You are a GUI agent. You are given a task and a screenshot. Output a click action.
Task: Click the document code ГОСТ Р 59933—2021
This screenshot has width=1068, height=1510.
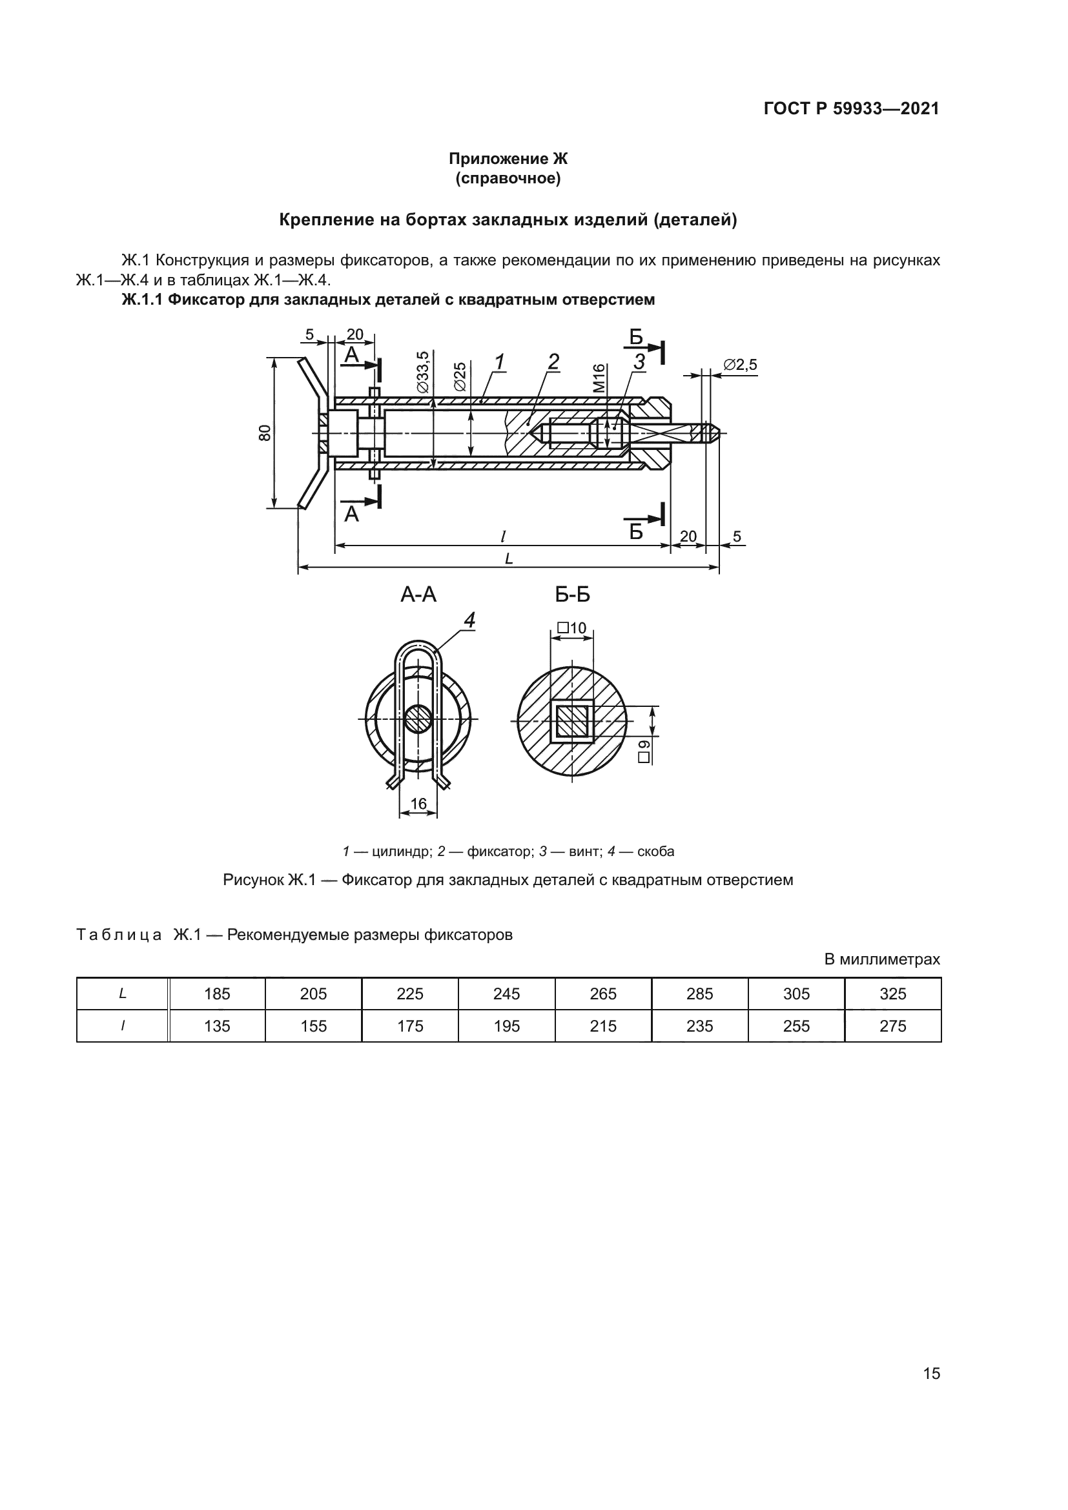tap(851, 108)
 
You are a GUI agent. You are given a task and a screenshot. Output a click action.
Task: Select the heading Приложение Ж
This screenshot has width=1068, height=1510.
tap(508, 159)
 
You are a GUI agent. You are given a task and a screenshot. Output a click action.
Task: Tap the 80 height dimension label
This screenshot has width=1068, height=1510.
tap(264, 433)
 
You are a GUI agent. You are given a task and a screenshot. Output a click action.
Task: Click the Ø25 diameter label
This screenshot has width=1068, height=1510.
tap(460, 376)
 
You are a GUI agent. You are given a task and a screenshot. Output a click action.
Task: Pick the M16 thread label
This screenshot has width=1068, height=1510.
tap(599, 378)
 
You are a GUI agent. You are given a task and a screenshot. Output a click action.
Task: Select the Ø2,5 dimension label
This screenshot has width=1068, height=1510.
tap(740, 364)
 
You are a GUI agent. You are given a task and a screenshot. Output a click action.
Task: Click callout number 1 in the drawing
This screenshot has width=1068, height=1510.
tap(499, 361)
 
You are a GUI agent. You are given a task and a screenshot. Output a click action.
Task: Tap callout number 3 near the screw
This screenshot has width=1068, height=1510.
tap(639, 361)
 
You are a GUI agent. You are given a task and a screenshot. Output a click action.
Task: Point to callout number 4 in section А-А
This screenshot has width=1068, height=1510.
tap(469, 620)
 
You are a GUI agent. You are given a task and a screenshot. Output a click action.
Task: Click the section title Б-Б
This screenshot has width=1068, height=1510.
tap(572, 595)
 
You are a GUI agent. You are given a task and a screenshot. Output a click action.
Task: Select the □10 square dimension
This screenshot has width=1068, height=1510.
tap(571, 628)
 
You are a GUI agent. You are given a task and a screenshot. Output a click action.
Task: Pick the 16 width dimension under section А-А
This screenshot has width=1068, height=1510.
tap(418, 804)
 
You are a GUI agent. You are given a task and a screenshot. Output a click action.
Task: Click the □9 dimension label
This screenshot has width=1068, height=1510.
tap(644, 750)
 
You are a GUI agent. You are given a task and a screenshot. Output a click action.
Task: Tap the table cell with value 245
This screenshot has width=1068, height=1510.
tap(506, 994)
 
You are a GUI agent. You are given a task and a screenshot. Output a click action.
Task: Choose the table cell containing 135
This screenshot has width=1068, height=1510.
tap(217, 1026)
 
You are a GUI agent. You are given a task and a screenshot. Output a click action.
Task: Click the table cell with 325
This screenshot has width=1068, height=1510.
tap(892, 994)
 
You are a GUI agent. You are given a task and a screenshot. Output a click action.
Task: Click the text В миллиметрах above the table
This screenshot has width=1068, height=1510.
tap(882, 959)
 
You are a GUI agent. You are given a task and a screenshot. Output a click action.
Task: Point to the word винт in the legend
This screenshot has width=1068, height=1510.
tap(584, 852)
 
